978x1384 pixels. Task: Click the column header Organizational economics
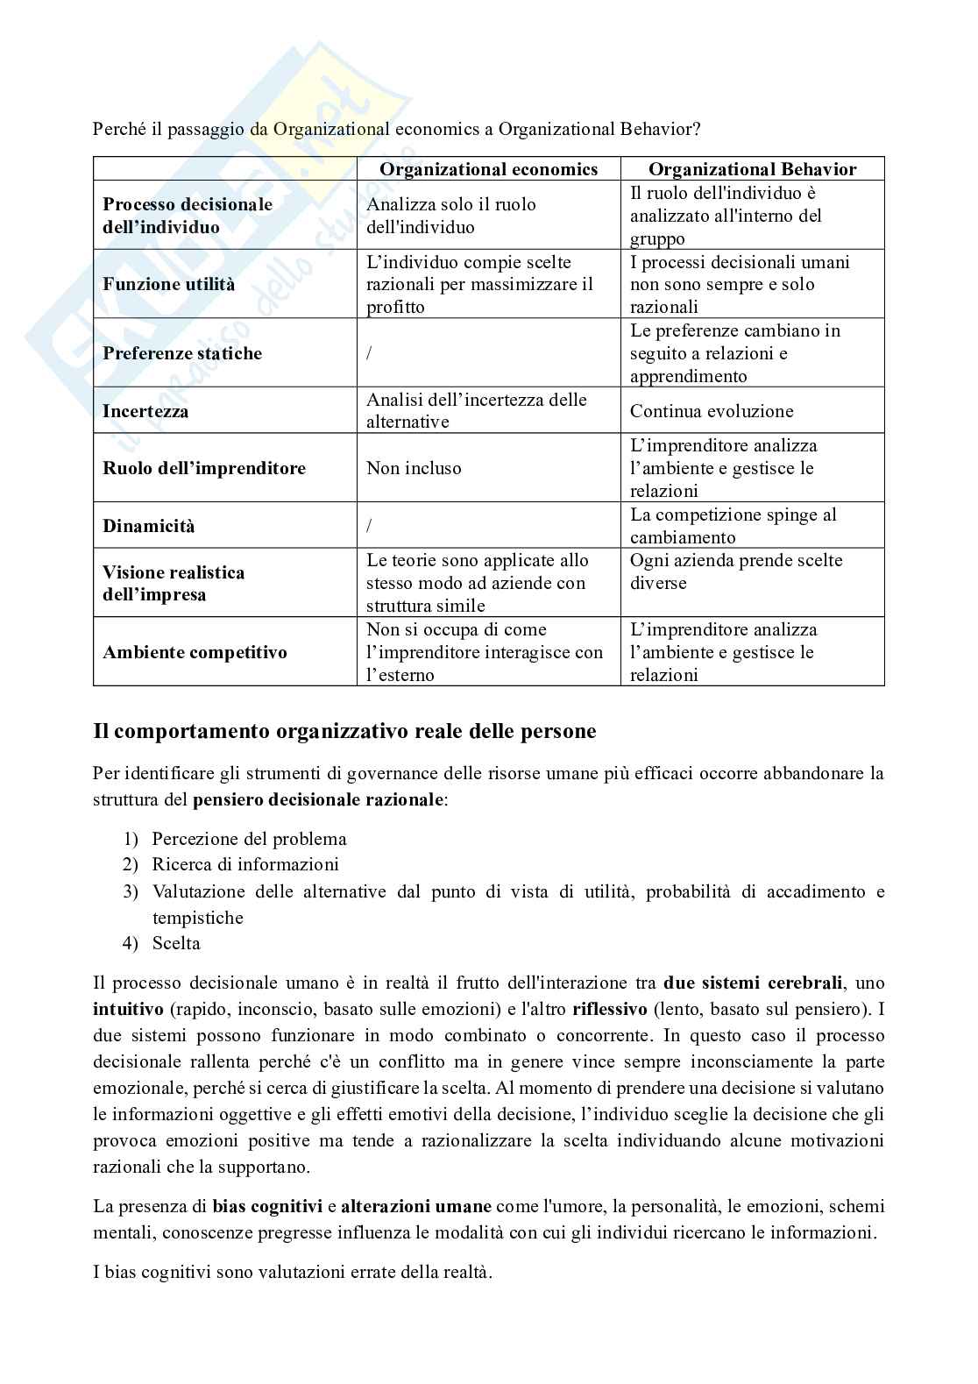[488, 169]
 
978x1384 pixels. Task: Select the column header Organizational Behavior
[752, 169]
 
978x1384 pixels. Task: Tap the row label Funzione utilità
[168, 284]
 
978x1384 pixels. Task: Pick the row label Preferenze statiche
[182, 353]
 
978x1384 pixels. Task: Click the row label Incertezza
[145, 411]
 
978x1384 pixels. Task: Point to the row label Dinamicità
[149, 526]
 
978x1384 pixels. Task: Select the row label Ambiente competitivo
[195, 652]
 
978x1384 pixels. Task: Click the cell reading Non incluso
[414, 468]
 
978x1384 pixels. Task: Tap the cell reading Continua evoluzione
[712, 411]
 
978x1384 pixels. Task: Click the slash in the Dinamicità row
[369, 526]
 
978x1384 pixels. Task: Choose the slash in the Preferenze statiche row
[369, 353]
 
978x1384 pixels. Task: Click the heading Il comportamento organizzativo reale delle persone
[344, 731]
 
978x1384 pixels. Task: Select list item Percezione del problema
[249, 839]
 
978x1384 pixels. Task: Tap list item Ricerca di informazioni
[245, 864]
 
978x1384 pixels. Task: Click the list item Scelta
[176, 943]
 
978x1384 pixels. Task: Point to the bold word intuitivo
[128, 1009]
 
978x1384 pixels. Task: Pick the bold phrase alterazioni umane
[415, 1206]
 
